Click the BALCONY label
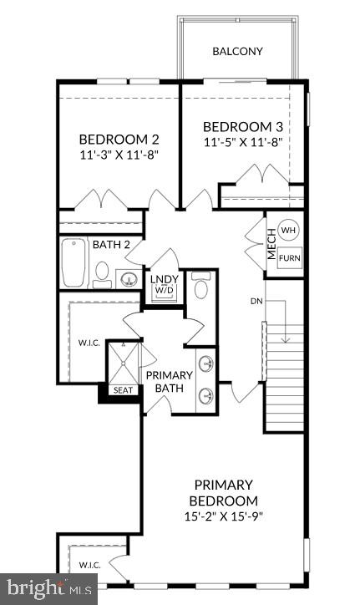click(x=237, y=52)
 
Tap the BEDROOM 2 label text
click(x=119, y=140)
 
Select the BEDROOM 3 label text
click(x=242, y=127)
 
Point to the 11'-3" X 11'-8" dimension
click(x=119, y=155)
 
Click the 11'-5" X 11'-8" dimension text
click(x=242, y=143)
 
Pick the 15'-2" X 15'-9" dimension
click(x=224, y=516)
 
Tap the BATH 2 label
click(x=111, y=245)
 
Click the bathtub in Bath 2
click(x=74, y=263)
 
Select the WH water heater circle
click(x=288, y=231)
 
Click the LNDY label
click(x=163, y=278)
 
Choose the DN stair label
click(x=256, y=300)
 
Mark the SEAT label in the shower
click(x=122, y=390)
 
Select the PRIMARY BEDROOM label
click(x=224, y=492)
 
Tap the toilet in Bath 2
click(x=100, y=272)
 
